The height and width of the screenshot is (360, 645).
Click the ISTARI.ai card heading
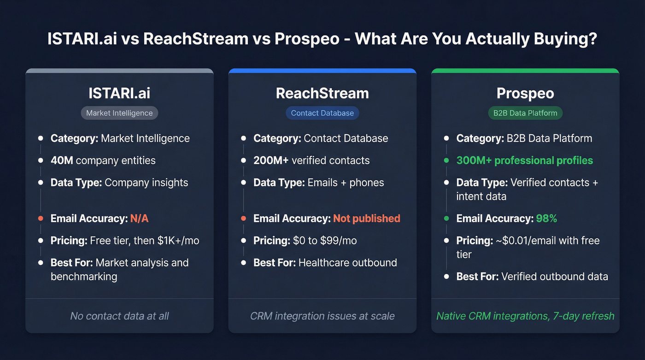pyautogui.click(x=119, y=93)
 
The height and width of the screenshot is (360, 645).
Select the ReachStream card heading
pyautogui.click(x=322, y=93)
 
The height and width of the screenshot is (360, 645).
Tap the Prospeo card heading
pyautogui.click(x=525, y=93)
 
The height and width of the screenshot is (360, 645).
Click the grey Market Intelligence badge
pyautogui.click(x=119, y=113)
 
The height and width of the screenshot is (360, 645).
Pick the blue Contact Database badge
pyautogui.click(x=322, y=113)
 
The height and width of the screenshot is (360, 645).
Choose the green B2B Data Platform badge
pyautogui.click(x=525, y=113)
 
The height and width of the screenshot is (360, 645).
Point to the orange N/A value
pyautogui.click(x=139, y=218)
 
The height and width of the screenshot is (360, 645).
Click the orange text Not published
pyautogui.click(x=366, y=218)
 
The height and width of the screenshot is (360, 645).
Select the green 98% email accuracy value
pyautogui.click(x=546, y=218)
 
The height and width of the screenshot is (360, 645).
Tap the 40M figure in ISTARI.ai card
pyautogui.click(x=62, y=160)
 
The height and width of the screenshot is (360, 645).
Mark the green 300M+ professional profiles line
pyautogui.click(x=524, y=160)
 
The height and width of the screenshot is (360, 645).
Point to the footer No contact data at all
pyautogui.click(x=119, y=316)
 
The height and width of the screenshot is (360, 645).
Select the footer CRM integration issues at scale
pyautogui.click(x=322, y=316)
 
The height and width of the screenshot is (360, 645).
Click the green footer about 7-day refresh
pyautogui.click(x=525, y=316)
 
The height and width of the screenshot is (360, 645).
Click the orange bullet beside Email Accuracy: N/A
pyautogui.click(x=41, y=218)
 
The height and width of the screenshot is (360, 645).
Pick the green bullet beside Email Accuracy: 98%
pyautogui.click(x=446, y=218)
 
